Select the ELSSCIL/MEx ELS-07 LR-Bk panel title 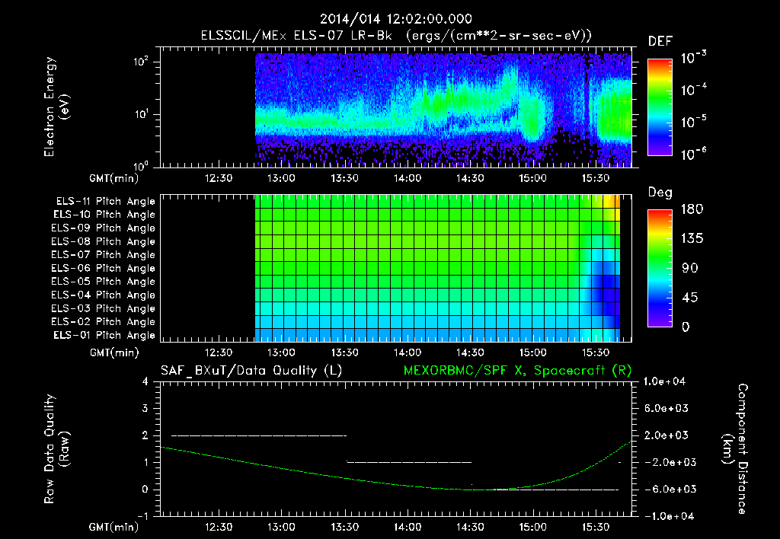397,36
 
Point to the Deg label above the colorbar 659,193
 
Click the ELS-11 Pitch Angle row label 105,201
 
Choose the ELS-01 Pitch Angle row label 104,335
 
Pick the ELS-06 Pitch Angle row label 104,268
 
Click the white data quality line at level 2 259,435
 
